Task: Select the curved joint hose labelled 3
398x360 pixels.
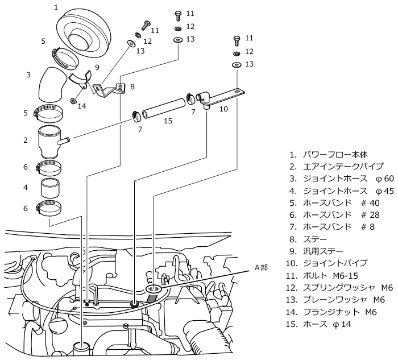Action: click(x=52, y=84)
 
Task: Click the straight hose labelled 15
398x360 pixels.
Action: click(x=164, y=109)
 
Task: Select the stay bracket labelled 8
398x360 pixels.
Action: click(x=109, y=89)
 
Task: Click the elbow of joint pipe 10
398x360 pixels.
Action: click(x=204, y=97)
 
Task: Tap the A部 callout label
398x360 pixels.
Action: click(x=261, y=267)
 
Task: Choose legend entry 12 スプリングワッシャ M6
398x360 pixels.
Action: click(x=339, y=288)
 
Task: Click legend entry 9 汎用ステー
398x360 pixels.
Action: click(x=316, y=251)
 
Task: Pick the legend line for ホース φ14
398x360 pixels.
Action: click(x=318, y=324)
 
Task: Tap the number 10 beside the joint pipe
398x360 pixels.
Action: click(x=223, y=109)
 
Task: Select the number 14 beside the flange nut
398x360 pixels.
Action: click(x=82, y=106)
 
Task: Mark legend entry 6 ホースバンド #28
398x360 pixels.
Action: click(x=334, y=215)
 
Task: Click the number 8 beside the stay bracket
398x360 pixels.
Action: click(x=132, y=87)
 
